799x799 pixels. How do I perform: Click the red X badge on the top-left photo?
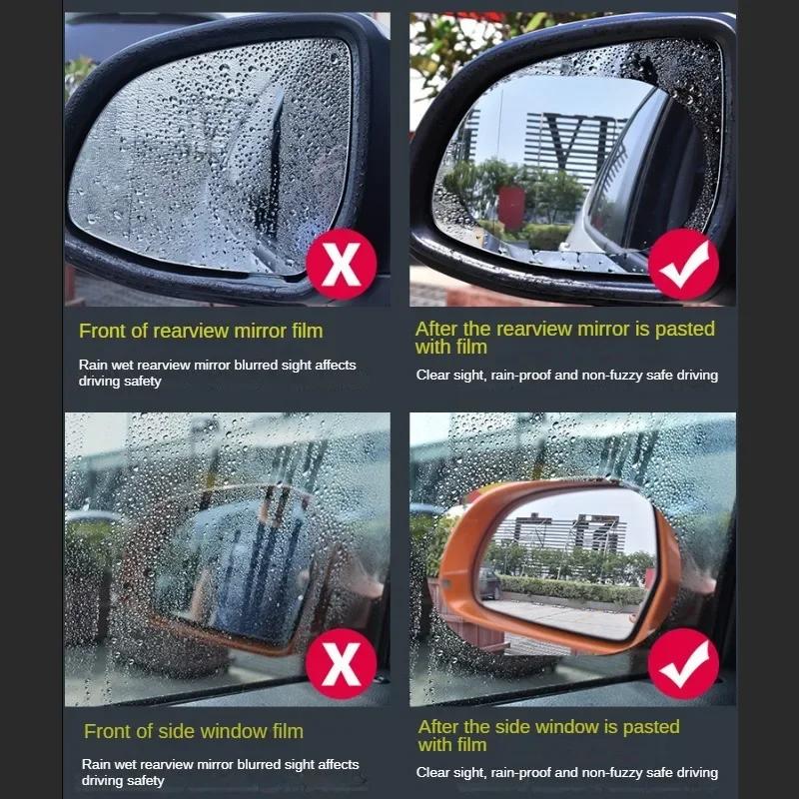pos(342,265)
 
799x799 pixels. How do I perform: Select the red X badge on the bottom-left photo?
pos(342,664)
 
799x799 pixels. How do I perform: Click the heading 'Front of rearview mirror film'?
pos(201,331)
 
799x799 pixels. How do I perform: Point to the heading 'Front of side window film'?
pos(194,732)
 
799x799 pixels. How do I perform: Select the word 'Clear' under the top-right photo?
pos(434,376)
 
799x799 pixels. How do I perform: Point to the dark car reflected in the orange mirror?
pos(489,583)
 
